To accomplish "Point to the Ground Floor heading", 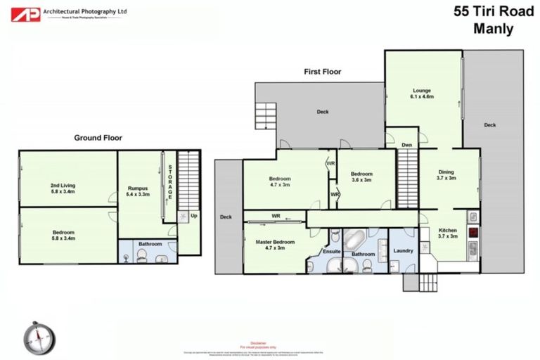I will click(98, 138).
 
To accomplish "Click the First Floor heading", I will click(323, 71).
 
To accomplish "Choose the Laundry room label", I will click(403, 250).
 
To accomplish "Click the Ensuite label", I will click(331, 251).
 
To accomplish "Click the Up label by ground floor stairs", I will click(193, 216).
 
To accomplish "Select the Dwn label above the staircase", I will click(406, 146).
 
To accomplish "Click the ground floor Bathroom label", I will click(149, 244).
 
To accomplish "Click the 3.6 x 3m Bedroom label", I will click(361, 176).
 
